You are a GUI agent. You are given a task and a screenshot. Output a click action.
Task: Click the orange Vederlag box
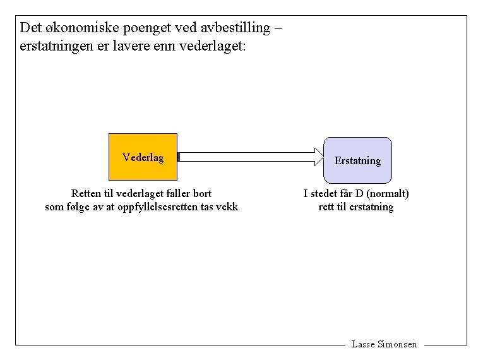143,157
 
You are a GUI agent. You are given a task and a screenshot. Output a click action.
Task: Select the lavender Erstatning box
357,160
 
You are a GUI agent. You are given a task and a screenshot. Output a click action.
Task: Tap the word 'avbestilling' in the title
237,28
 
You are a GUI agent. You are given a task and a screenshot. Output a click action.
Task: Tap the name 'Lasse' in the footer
363,344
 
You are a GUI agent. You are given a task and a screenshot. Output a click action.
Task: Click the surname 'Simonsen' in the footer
397,344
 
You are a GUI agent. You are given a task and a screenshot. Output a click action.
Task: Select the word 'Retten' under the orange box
85,193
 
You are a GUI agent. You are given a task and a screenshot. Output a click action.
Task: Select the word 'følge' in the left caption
78,207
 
